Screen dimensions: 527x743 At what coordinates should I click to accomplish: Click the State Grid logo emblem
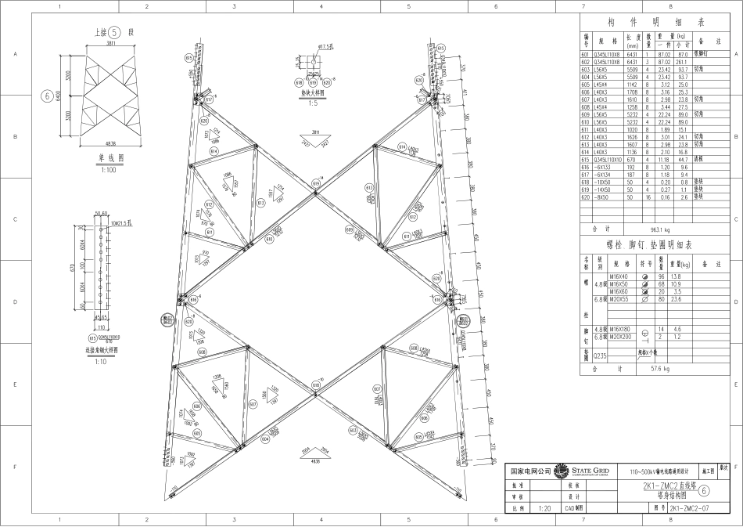point(562,471)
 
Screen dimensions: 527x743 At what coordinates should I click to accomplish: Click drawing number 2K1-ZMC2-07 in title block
point(688,507)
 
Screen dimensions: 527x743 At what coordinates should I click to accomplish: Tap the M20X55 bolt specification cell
point(620,298)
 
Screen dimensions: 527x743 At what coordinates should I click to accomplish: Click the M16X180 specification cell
point(620,328)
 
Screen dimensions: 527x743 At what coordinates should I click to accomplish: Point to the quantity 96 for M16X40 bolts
point(661,278)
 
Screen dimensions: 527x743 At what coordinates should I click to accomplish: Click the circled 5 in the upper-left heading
point(114,33)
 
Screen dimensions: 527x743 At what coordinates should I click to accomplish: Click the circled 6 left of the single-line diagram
point(49,96)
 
